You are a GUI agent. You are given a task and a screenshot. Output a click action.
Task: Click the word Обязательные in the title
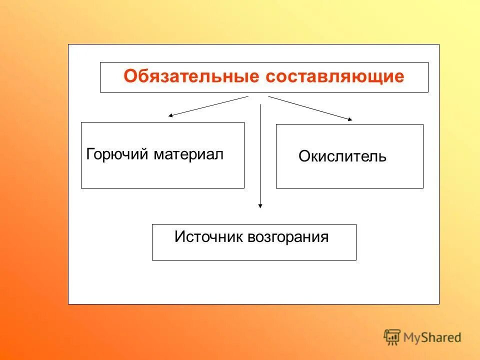[192, 77]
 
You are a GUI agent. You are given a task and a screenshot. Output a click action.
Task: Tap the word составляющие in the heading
[334, 77]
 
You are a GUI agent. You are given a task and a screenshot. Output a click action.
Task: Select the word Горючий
[117, 154]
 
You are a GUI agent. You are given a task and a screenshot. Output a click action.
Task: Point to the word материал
[188, 154]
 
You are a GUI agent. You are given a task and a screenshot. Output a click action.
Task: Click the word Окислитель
[342, 156]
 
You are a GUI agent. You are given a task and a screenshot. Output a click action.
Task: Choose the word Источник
[208, 236]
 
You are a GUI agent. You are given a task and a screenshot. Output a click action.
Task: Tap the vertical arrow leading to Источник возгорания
[260, 155]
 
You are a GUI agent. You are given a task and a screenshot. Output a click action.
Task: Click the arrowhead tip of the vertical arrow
[260, 206]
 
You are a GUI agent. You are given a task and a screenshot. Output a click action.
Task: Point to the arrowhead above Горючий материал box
[170, 115]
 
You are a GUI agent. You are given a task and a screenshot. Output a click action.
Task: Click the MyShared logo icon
[392, 337]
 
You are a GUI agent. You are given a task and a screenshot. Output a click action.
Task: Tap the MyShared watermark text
[432, 337]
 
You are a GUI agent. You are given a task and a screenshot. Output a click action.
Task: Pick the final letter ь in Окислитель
[382, 157]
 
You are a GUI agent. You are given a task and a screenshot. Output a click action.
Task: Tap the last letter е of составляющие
[398, 77]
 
